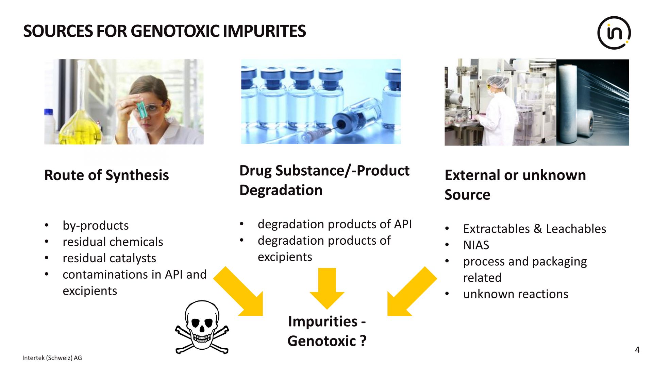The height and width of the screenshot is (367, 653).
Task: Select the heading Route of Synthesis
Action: (106, 175)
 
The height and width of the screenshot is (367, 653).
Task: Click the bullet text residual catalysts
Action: (109, 258)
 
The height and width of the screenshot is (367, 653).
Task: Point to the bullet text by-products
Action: (96, 226)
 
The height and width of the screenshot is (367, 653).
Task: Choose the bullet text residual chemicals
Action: (113, 242)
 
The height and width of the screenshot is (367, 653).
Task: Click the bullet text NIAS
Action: (476, 245)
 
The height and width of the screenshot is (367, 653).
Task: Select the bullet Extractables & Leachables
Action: (535, 229)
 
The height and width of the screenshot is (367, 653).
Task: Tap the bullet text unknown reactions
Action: (516, 294)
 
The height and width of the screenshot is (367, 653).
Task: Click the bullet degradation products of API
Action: (335, 224)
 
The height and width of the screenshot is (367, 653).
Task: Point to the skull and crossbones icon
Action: (202, 327)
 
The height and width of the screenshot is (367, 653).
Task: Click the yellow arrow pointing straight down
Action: (327, 288)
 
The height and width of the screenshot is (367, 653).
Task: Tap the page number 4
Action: (637, 350)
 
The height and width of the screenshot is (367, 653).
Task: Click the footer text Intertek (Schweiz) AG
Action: (52, 358)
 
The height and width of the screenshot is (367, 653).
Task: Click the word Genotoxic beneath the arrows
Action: (322, 341)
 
